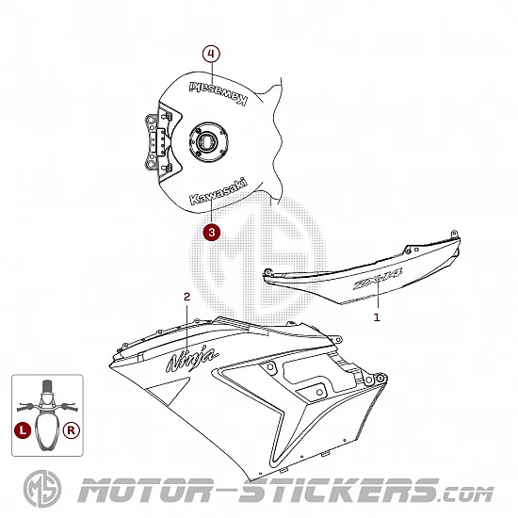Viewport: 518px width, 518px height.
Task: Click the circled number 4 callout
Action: click(x=211, y=54)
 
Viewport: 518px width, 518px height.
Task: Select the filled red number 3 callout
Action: click(x=211, y=233)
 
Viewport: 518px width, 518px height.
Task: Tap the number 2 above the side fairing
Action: click(x=187, y=297)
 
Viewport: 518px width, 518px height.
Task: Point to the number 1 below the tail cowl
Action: click(x=377, y=317)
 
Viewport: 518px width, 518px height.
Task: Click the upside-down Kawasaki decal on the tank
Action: click(x=219, y=92)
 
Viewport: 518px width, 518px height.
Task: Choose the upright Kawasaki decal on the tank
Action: click(x=219, y=191)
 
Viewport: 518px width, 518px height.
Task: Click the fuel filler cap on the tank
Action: click(x=209, y=142)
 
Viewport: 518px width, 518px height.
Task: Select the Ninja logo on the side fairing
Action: click(x=191, y=359)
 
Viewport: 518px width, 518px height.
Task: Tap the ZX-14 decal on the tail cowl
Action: click(x=378, y=279)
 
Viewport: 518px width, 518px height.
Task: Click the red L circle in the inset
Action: click(x=23, y=430)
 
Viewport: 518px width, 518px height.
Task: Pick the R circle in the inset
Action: click(x=71, y=430)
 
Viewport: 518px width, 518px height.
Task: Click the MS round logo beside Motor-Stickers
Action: click(x=42, y=489)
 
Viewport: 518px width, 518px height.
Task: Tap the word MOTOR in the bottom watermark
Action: click(x=145, y=490)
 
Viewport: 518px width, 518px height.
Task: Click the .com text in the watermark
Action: click(x=466, y=494)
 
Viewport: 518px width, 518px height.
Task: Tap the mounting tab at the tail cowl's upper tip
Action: click(x=455, y=234)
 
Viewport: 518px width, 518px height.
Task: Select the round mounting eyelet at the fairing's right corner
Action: click(x=381, y=378)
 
